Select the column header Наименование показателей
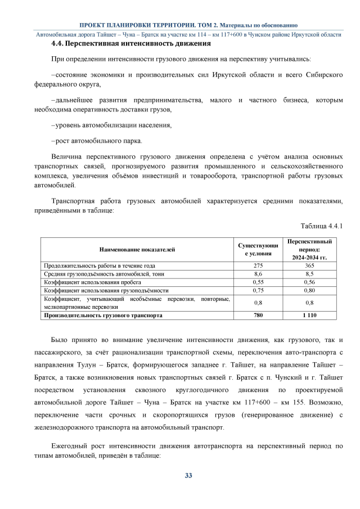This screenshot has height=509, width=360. pyautogui.click(x=137, y=249)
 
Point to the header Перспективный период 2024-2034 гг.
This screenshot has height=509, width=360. pyautogui.click(x=309, y=249)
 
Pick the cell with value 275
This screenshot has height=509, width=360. pyautogui.click(x=258, y=265)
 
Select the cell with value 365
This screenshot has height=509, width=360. pyautogui.click(x=309, y=265)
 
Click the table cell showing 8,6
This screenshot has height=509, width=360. pyautogui.click(x=258, y=273)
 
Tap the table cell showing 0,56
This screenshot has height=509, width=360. pyautogui.click(x=309, y=282)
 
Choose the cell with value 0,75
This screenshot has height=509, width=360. pyautogui.click(x=258, y=290)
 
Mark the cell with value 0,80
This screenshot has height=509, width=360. pyautogui.click(x=309, y=290)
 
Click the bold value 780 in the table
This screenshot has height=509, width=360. pyautogui.click(x=258, y=316)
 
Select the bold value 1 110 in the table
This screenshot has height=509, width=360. pyautogui.click(x=309, y=316)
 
